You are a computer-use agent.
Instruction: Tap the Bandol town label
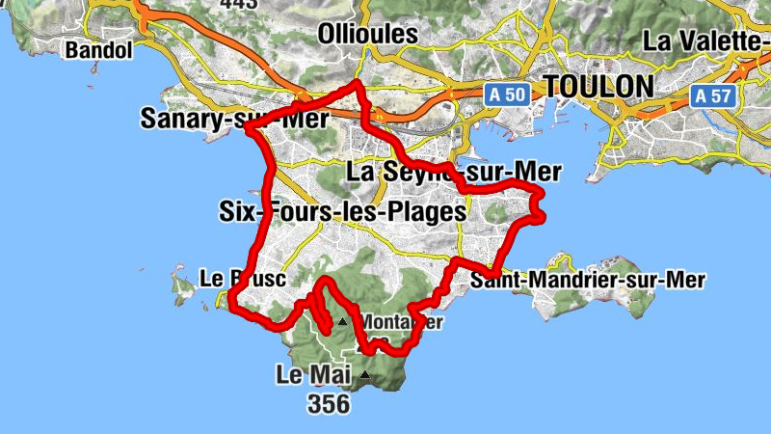[x=98, y=49]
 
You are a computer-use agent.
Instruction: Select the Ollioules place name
[x=368, y=34]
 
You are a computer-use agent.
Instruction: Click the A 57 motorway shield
[x=715, y=95]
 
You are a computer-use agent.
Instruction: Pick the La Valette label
[x=705, y=41]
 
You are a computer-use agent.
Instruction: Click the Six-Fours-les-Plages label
[x=343, y=211]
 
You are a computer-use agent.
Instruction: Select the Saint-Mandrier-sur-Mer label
[x=588, y=280]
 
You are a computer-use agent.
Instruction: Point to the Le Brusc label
[x=243, y=279]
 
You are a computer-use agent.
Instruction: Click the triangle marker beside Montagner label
[x=341, y=322]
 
